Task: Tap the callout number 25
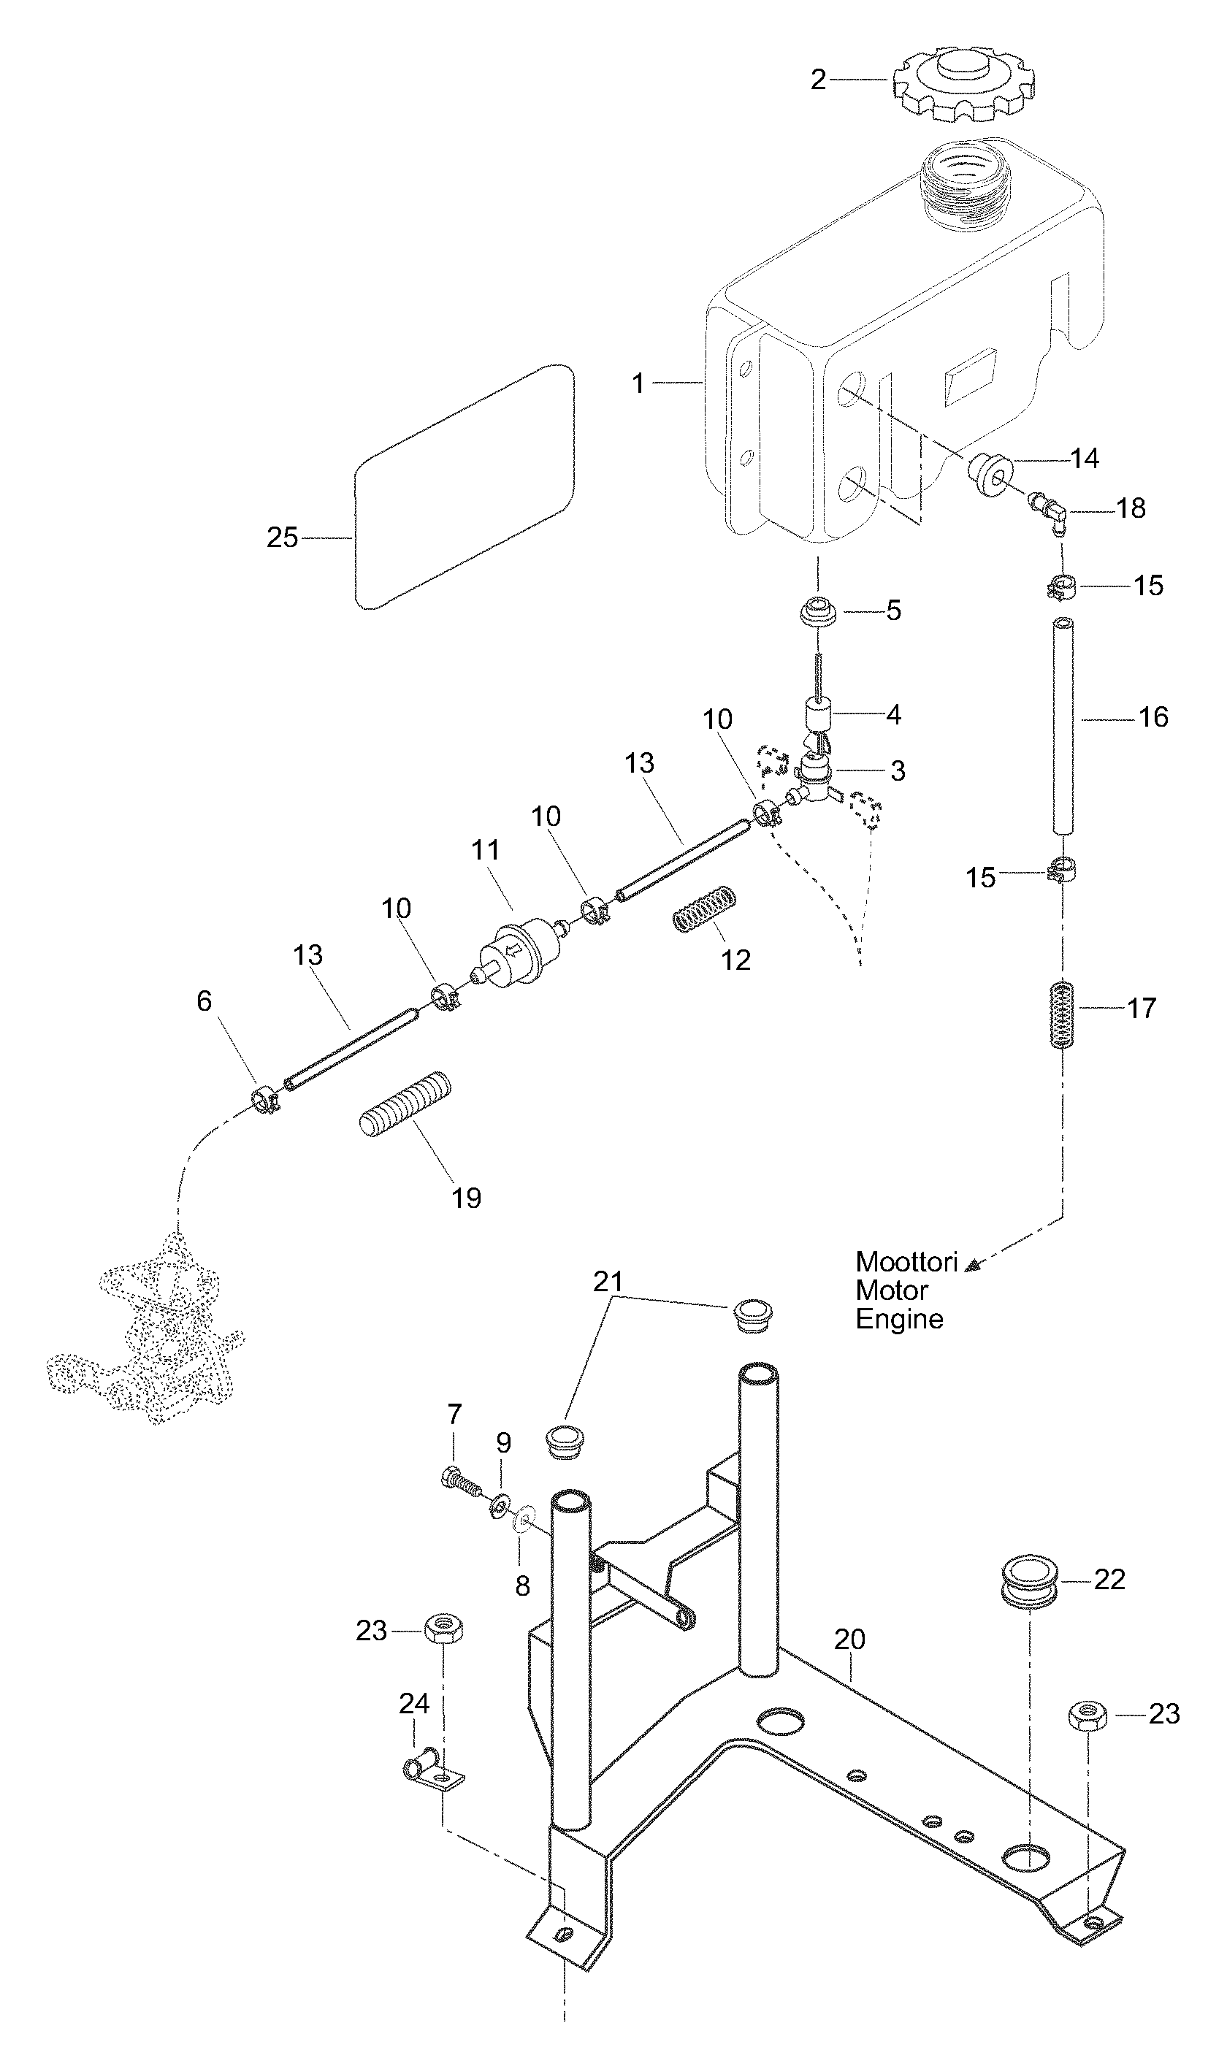282,538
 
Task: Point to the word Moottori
906,1262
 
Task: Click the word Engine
899,1319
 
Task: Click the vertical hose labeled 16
1063,727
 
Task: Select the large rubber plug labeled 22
1031,1580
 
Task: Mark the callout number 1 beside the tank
638,383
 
